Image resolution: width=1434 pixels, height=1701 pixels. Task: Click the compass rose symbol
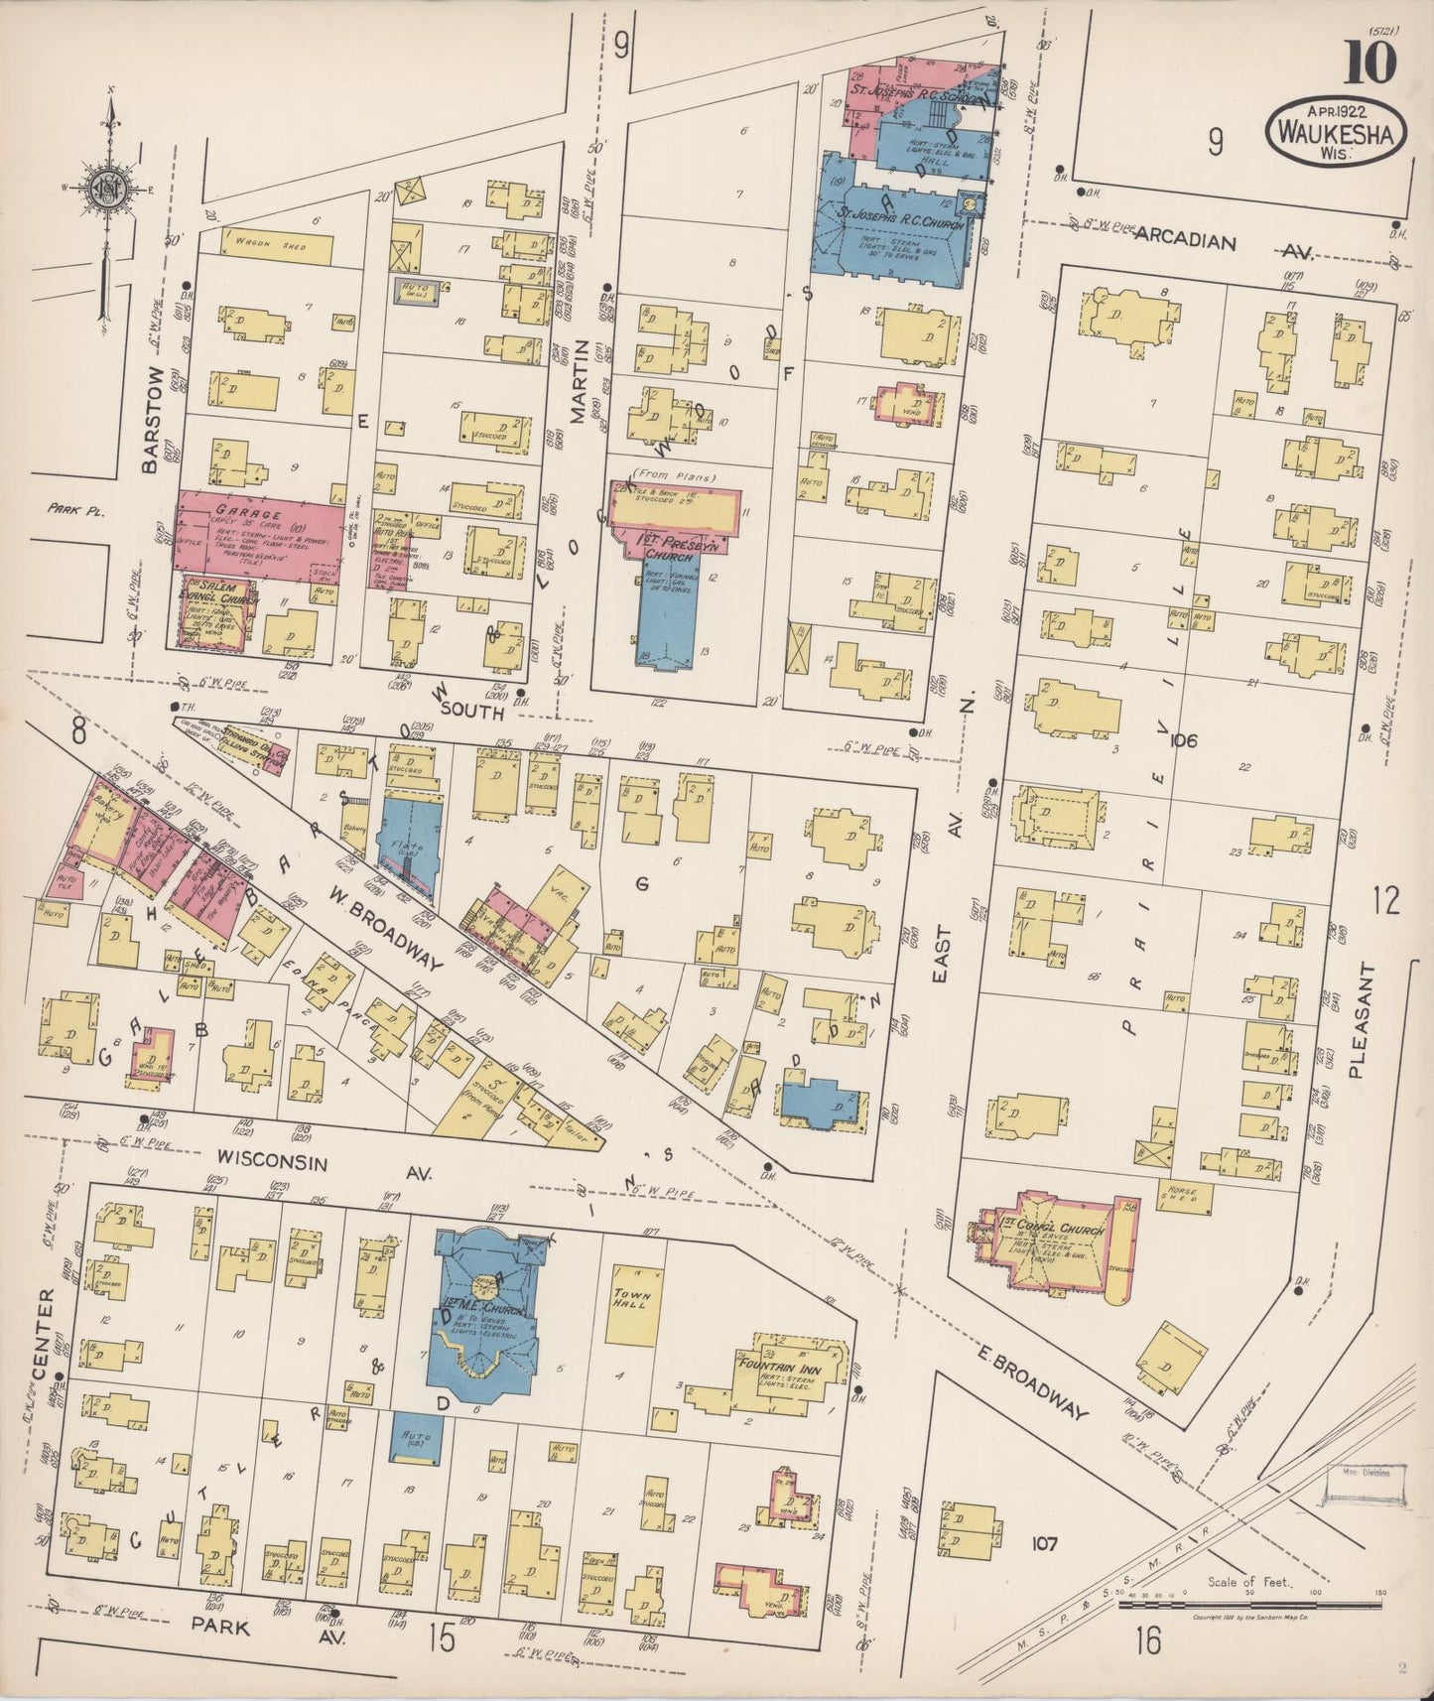point(105,192)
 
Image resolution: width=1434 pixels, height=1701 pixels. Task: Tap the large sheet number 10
point(1371,63)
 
